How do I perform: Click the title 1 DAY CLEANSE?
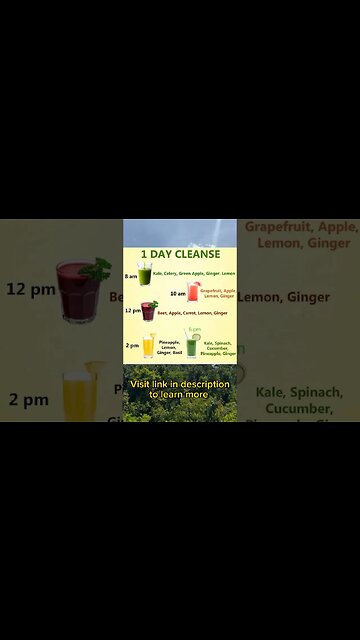[x=180, y=254]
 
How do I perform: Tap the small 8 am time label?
[x=131, y=275]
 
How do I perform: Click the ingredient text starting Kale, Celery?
[x=194, y=273]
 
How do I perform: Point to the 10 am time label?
[x=177, y=294]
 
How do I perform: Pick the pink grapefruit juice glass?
[x=193, y=292]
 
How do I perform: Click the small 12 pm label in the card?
[x=132, y=311]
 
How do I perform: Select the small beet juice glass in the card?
[x=148, y=310]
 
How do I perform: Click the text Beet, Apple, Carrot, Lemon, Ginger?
[x=193, y=313]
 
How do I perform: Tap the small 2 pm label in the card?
[x=132, y=345]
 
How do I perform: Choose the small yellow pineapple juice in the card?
[x=148, y=345]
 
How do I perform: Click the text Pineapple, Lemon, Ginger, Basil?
[x=169, y=346]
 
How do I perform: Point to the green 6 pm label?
[x=194, y=329]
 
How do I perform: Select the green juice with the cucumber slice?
[x=192, y=346]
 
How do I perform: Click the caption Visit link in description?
[x=180, y=389]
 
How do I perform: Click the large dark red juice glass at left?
[x=78, y=290]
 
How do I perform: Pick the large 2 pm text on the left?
[x=29, y=400]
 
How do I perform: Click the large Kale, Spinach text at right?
[x=299, y=400]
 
